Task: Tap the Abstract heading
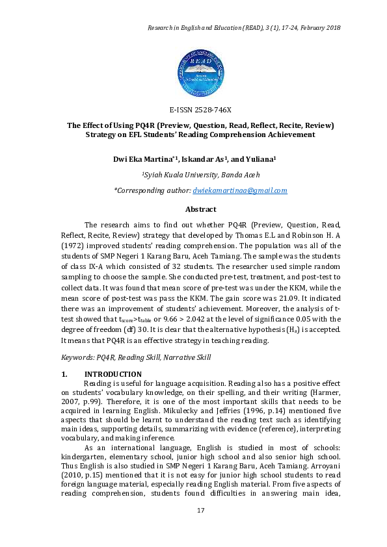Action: [x=200, y=209]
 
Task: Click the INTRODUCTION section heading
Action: [x=113, y=374]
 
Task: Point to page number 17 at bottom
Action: [x=200, y=510]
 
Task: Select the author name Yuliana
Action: [x=259, y=158]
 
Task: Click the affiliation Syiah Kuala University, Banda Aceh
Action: [x=200, y=175]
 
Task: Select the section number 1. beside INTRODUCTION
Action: [x=64, y=374]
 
